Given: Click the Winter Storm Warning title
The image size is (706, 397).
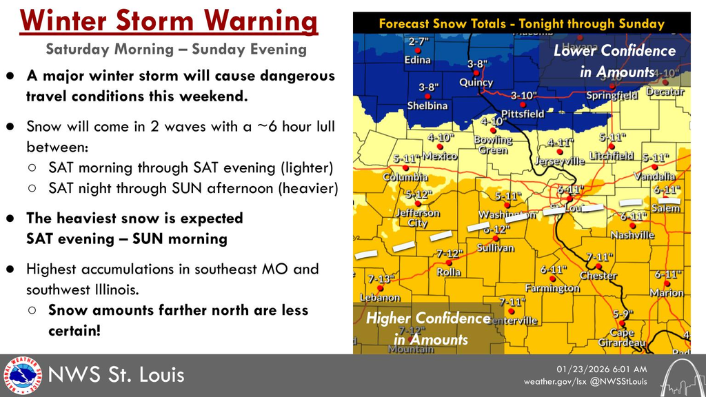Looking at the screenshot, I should pyautogui.click(x=170, y=21).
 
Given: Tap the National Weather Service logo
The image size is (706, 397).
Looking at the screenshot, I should pyautogui.click(x=22, y=376).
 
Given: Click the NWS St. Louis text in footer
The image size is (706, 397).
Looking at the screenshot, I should pyautogui.click(x=116, y=376).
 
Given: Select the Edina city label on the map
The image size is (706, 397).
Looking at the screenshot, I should pyautogui.click(x=417, y=60).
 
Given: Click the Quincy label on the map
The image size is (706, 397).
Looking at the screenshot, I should pyautogui.click(x=476, y=83).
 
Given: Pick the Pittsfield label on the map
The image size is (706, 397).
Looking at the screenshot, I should pyautogui.click(x=522, y=114).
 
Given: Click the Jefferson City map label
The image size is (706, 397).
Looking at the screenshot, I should pyautogui.click(x=416, y=218).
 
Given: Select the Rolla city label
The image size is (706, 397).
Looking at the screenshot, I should pyautogui.click(x=449, y=272).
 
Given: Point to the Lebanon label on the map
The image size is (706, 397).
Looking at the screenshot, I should pyautogui.click(x=380, y=298).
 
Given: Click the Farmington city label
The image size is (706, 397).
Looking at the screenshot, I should pyautogui.click(x=552, y=288).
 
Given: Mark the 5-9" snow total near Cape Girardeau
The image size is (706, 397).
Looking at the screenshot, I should pyautogui.click(x=623, y=314).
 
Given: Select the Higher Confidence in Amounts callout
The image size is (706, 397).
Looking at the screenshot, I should pyautogui.click(x=428, y=329).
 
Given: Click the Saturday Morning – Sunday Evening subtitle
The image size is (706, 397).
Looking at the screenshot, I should pyautogui.click(x=176, y=50).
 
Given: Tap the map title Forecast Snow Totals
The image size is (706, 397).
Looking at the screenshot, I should pyautogui.click(x=521, y=23).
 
